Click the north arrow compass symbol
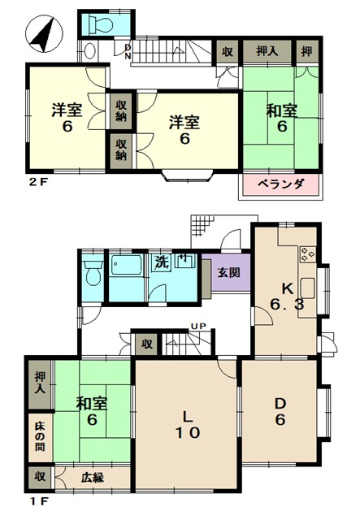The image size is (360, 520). point(44,34)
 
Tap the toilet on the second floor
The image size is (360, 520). point(101,24)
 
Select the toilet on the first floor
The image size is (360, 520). point(93,273)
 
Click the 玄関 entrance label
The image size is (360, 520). point(229,273)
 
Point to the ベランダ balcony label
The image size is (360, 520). point(280,184)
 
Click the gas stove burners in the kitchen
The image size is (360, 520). point(307,254)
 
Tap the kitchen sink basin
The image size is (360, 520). point(307,288)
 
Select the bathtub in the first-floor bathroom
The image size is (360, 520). point(127,265)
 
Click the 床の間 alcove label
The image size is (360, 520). point(40,437)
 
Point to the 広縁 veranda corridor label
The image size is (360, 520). point(93,478)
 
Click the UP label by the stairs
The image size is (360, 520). point(198,326)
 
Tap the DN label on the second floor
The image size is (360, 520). point(128,52)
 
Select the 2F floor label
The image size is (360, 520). point(38,182)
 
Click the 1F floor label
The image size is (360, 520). point(38,501)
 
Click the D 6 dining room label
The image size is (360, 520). point(280,412)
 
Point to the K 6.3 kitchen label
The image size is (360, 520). point(288,297)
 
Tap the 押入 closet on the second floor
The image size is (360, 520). point(267,51)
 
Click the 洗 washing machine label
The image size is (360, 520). point(163,262)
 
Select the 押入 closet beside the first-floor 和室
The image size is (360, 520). point(40,384)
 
